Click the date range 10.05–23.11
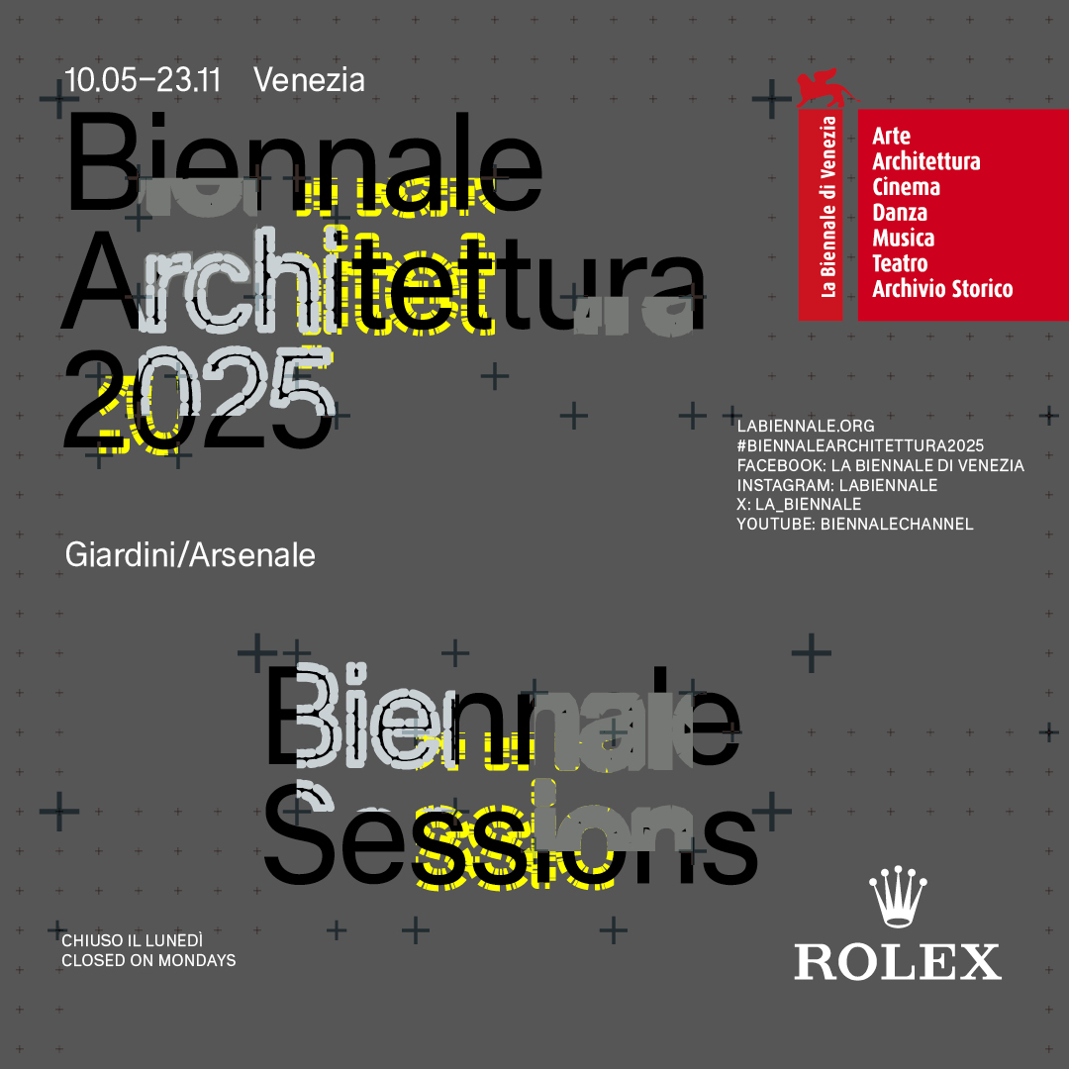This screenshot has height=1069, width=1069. click(x=144, y=80)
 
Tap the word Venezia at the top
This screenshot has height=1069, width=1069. click(x=310, y=80)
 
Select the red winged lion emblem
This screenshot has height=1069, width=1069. click(x=825, y=88)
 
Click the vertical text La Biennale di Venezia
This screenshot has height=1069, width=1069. click(x=827, y=207)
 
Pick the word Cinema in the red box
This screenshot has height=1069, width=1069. click(x=906, y=187)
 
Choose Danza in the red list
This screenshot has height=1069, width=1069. click(x=900, y=213)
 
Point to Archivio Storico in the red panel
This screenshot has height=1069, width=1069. click(x=942, y=289)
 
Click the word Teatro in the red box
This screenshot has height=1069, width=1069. click(x=900, y=263)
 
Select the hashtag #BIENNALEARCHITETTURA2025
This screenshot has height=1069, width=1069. click(x=860, y=445)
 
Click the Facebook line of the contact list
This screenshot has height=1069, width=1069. click(x=881, y=465)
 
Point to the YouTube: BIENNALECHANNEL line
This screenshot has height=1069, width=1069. click(x=855, y=525)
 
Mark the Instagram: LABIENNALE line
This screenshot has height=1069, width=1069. click(x=837, y=485)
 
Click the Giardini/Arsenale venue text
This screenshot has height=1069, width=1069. click(x=190, y=555)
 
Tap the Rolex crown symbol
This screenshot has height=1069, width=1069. click(x=897, y=896)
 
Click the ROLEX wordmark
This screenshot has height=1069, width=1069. click(x=897, y=961)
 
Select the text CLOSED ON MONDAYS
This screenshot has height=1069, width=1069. click(x=148, y=960)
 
